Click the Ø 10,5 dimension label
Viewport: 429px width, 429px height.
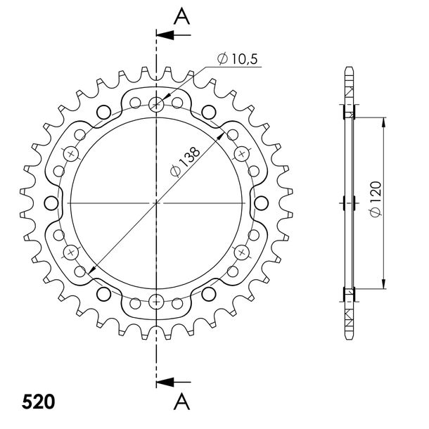point(238,59)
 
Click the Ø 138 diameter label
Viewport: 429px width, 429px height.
point(185,162)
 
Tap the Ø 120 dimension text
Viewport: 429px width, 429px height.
point(376,199)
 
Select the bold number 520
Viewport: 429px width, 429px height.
point(38,402)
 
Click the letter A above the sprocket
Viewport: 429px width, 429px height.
point(182,16)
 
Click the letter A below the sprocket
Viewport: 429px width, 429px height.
point(182,402)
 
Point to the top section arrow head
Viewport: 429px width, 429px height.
point(165,35)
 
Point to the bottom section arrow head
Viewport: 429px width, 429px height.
point(165,382)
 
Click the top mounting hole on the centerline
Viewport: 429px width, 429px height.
point(156,104)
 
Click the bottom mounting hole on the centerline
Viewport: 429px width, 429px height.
point(156,302)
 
